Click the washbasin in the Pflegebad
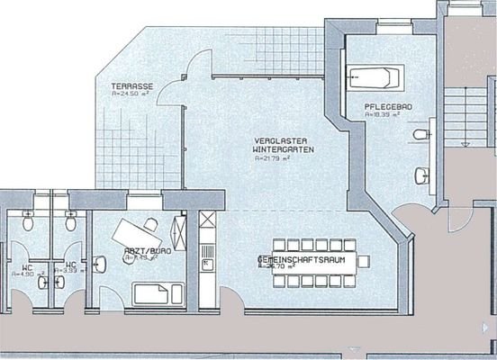point(421,175)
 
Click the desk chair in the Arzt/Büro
point(150,223)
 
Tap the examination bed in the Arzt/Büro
point(155,292)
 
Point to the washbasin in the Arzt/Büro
point(101,264)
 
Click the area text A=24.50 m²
point(131,93)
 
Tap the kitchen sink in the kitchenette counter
point(206,264)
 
